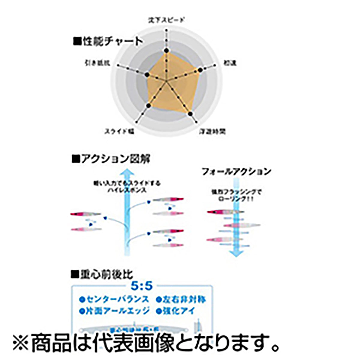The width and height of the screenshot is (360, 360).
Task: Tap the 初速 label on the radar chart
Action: click(230, 63)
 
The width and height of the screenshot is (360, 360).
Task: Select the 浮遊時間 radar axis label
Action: click(213, 131)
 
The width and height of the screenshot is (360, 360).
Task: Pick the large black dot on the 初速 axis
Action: click(200, 70)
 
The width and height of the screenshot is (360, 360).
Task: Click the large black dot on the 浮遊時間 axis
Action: click(190, 113)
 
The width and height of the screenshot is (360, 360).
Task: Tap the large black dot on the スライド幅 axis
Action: click(148, 105)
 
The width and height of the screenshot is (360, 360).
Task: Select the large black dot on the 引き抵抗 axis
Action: click(146, 74)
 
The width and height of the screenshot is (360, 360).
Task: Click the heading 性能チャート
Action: click(108, 41)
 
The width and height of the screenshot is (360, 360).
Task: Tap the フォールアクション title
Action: click(236, 172)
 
